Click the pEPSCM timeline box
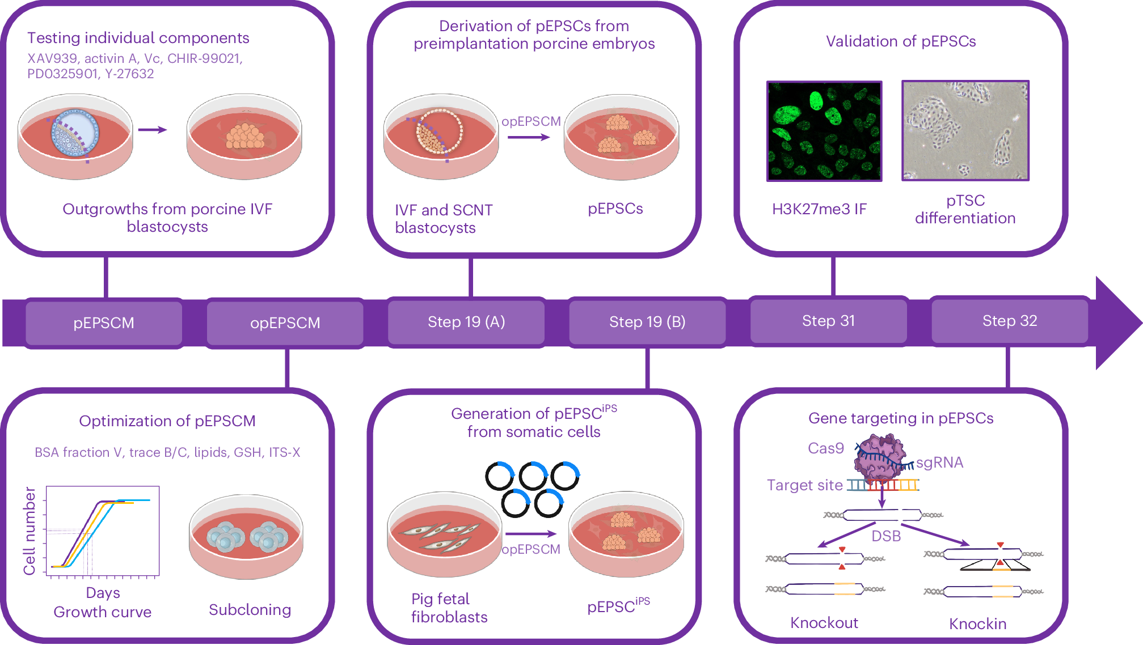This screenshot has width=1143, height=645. [104, 322]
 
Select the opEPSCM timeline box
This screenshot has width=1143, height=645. [285, 322]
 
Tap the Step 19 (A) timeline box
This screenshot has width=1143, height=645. [466, 322]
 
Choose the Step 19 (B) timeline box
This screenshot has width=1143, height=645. [647, 322]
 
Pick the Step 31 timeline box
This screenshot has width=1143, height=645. [828, 321]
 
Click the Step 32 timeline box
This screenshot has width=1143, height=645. [1010, 321]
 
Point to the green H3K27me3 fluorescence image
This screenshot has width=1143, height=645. [824, 131]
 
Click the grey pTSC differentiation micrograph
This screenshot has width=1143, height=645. [965, 130]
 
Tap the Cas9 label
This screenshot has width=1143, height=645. [826, 448]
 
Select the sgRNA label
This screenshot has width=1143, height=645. [939, 462]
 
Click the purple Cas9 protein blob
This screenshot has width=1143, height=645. [879, 456]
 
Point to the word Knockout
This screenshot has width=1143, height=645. [824, 623]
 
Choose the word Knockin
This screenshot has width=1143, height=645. [978, 624]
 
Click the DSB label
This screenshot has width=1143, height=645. [886, 536]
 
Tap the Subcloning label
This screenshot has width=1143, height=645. [250, 610]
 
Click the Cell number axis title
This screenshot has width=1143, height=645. [29, 531]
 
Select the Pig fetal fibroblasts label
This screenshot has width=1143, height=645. [449, 608]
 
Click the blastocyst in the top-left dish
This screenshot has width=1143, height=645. [75, 134]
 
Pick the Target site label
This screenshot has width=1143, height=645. [804, 485]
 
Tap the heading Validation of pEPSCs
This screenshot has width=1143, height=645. [901, 41]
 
